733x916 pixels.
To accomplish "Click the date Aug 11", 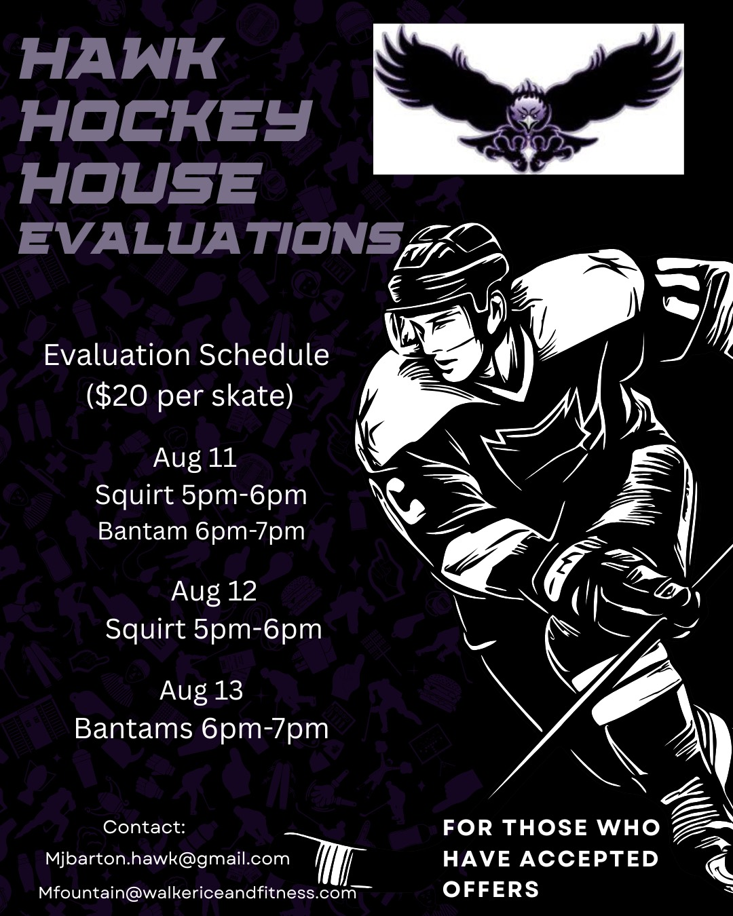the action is pyautogui.click(x=195, y=458).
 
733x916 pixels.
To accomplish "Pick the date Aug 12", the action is pyautogui.click(x=214, y=591).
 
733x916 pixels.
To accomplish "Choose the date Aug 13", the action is pyautogui.click(x=202, y=691).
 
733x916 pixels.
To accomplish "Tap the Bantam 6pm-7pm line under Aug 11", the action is pyautogui.click(x=202, y=531).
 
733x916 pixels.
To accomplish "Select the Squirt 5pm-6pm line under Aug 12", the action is pyautogui.click(x=214, y=630).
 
